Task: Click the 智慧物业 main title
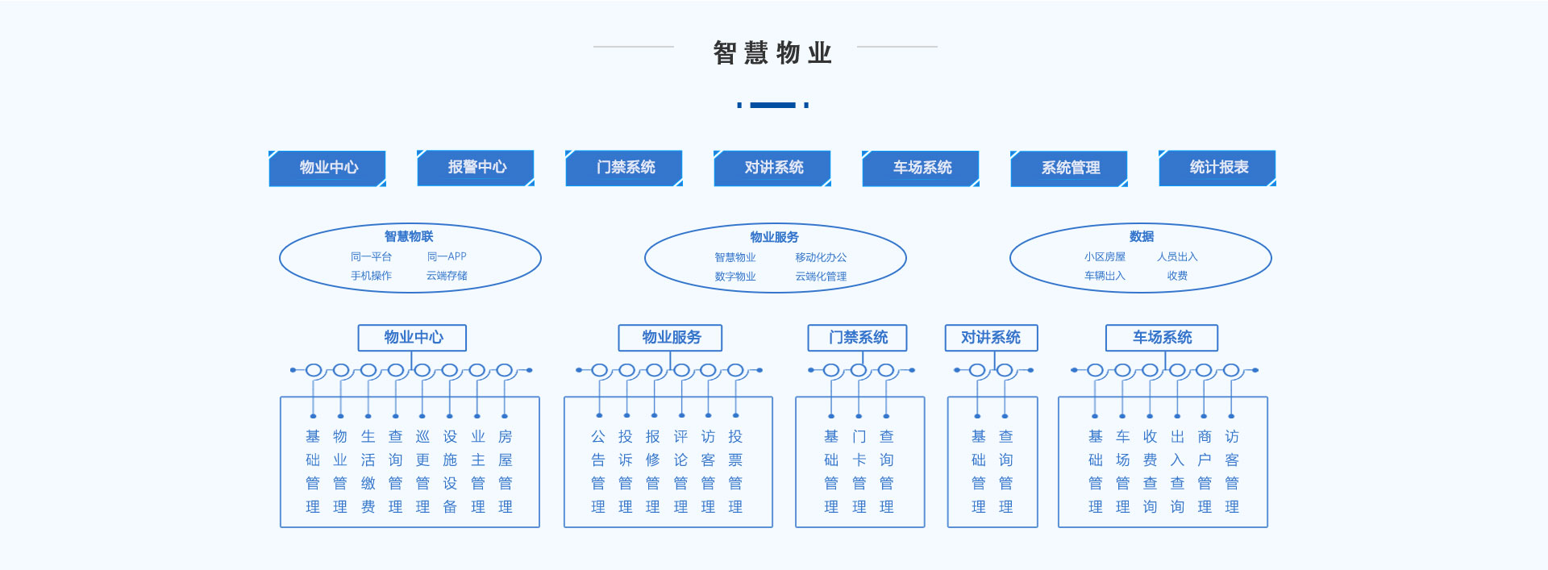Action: (x=772, y=53)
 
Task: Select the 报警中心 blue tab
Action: (x=476, y=168)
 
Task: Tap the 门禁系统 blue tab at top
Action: (x=625, y=168)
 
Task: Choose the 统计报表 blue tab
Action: (x=1218, y=168)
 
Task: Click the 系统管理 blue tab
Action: (x=1070, y=169)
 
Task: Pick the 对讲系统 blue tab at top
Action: (x=773, y=168)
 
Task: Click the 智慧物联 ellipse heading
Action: (x=409, y=236)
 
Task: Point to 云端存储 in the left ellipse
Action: (x=447, y=276)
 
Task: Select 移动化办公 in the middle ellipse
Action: (x=821, y=257)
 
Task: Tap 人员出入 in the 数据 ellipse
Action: (x=1177, y=256)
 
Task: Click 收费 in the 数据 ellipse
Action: (x=1177, y=276)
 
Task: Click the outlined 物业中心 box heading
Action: (x=413, y=338)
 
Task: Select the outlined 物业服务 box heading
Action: (x=671, y=338)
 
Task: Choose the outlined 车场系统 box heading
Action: (x=1162, y=338)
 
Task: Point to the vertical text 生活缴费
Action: (x=368, y=472)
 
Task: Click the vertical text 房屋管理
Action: (x=506, y=472)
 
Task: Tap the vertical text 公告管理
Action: (x=598, y=472)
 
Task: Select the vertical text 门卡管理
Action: (x=859, y=472)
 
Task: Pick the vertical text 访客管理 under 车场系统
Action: (x=1232, y=472)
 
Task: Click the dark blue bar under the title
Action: (x=772, y=105)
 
